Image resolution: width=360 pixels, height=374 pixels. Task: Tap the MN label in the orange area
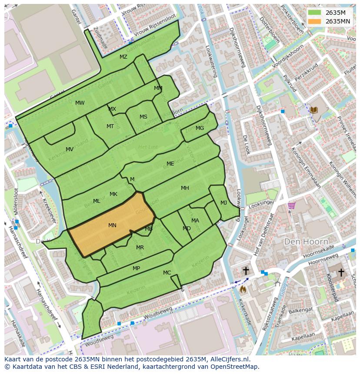pyautogui.click(x=112, y=225)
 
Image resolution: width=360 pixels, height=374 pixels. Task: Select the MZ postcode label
pyautogui.click(x=123, y=57)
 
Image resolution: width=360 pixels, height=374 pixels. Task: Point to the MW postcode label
pyautogui.click(x=80, y=103)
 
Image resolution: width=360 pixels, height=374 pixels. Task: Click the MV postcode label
pyautogui.click(x=70, y=149)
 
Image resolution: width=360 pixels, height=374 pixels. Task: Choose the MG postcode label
pyautogui.click(x=200, y=128)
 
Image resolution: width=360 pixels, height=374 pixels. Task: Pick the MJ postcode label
pyautogui.click(x=223, y=203)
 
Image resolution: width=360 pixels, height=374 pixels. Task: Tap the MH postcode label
pyautogui.click(x=185, y=188)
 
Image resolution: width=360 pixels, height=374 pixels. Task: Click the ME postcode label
pyautogui.click(x=170, y=164)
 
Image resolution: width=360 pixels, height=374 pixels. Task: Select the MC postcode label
pyautogui.click(x=167, y=273)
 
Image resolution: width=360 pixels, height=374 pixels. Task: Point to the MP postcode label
pyautogui.click(x=136, y=268)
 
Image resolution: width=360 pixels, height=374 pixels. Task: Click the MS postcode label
pyautogui.click(x=143, y=117)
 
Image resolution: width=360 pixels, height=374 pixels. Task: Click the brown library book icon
pyautogui.click(x=314, y=111)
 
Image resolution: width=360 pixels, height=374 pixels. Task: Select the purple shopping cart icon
pyautogui.click(x=291, y=205)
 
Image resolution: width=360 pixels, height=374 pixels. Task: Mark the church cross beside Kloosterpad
pyautogui.click(x=341, y=272)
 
